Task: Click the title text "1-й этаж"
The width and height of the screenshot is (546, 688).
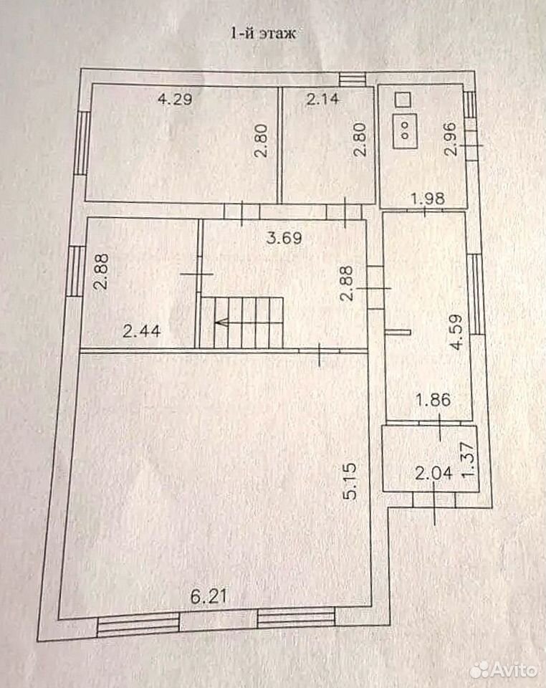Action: pos(264,34)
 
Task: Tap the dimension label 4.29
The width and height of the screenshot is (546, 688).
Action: pos(175,99)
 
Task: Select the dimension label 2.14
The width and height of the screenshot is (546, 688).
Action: pos(322,99)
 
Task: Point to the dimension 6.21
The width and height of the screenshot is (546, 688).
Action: pos(209,597)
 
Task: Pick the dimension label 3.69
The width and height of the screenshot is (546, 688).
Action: pos(285,239)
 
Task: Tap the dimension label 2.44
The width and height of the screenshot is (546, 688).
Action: pos(142,331)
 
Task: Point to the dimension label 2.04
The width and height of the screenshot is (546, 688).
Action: pos(434,474)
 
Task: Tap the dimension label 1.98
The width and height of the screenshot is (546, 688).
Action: pos(428,199)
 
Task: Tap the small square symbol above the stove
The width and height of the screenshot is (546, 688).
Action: pos(403,99)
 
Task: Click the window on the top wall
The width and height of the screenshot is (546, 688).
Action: pos(353,78)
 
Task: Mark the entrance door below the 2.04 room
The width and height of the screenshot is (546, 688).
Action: pos(434,500)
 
